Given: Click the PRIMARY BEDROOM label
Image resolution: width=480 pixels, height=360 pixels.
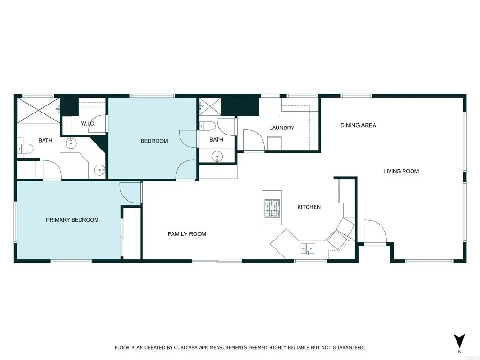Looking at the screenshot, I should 72,220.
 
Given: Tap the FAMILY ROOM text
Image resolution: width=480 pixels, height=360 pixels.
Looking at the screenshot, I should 187,234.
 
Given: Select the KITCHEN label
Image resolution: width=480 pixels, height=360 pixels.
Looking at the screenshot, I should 309,207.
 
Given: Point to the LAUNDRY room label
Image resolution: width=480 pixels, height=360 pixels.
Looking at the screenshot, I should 282,127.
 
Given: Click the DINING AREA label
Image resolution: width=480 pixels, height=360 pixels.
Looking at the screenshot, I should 358,125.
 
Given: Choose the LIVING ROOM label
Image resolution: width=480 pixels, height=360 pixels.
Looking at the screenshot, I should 401,171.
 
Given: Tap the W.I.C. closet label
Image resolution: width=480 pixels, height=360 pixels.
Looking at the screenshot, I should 88,124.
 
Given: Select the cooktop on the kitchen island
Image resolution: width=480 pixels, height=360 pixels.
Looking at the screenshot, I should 272,208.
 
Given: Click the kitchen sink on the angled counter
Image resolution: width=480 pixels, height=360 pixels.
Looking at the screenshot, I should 308,247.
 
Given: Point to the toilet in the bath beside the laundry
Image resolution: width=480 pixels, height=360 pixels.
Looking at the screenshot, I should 207,126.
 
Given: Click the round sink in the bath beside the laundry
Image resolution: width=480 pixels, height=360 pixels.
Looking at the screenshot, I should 217,156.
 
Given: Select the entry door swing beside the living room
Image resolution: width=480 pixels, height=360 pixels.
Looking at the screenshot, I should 374,232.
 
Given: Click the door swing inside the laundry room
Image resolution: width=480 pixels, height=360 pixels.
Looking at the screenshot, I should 253,140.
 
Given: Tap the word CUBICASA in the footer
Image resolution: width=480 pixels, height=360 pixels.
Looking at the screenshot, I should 186,348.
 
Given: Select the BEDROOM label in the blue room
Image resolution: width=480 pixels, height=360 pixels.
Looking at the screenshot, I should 154,141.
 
